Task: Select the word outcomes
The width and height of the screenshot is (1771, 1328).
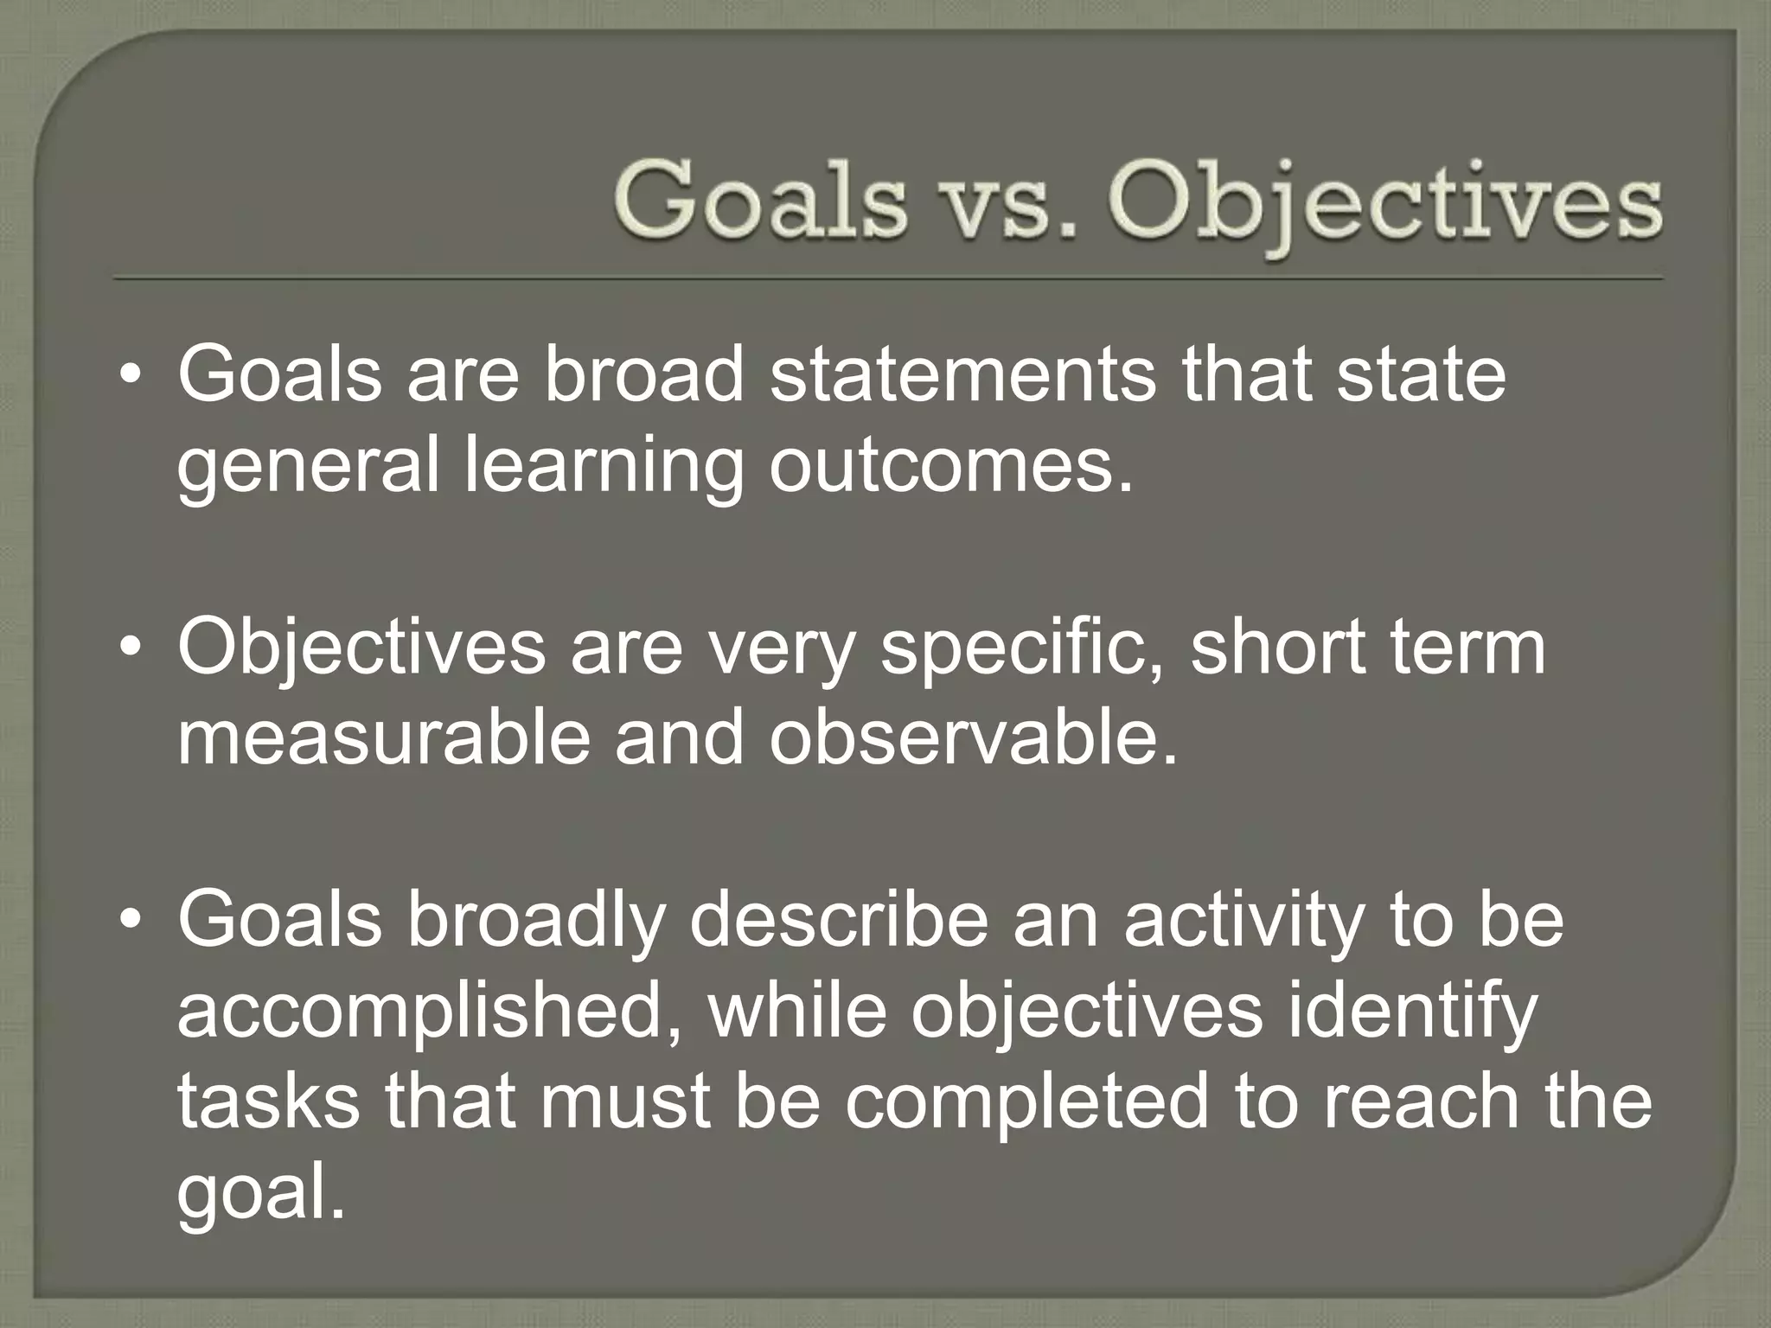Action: pyautogui.click(x=950, y=467)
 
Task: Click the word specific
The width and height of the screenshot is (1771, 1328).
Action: pyautogui.click(x=1021, y=648)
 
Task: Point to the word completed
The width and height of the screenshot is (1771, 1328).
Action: pyautogui.click(x=1026, y=1103)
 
